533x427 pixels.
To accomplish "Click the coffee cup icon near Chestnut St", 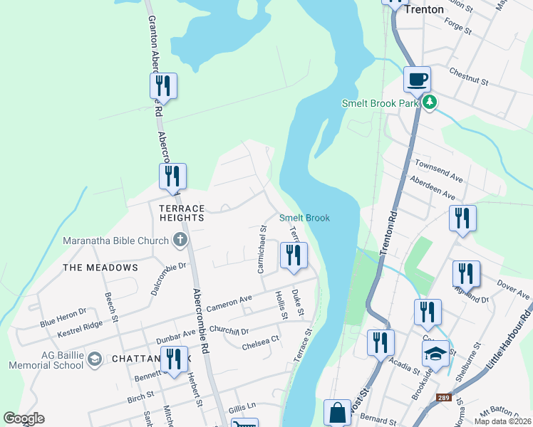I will (x=418, y=78).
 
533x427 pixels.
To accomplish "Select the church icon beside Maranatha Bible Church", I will (x=179, y=239).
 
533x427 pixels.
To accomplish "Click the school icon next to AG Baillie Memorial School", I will (x=94, y=359).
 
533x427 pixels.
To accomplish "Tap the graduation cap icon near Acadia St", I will (x=435, y=353).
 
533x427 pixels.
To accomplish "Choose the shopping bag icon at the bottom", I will (x=336, y=413).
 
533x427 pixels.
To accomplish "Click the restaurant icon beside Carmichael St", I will (x=294, y=255).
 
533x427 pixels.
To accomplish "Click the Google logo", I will (x=23, y=418).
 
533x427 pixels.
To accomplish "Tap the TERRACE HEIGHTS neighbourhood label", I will (x=182, y=213).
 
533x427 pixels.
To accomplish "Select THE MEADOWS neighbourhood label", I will (x=100, y=268).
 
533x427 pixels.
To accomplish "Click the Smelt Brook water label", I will (x=304, y=218).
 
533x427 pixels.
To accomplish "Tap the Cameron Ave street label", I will (x=229, y=303).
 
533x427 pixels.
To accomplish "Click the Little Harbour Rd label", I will (x=509, y=340).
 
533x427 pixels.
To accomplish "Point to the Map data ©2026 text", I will (x=502, y=421).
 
